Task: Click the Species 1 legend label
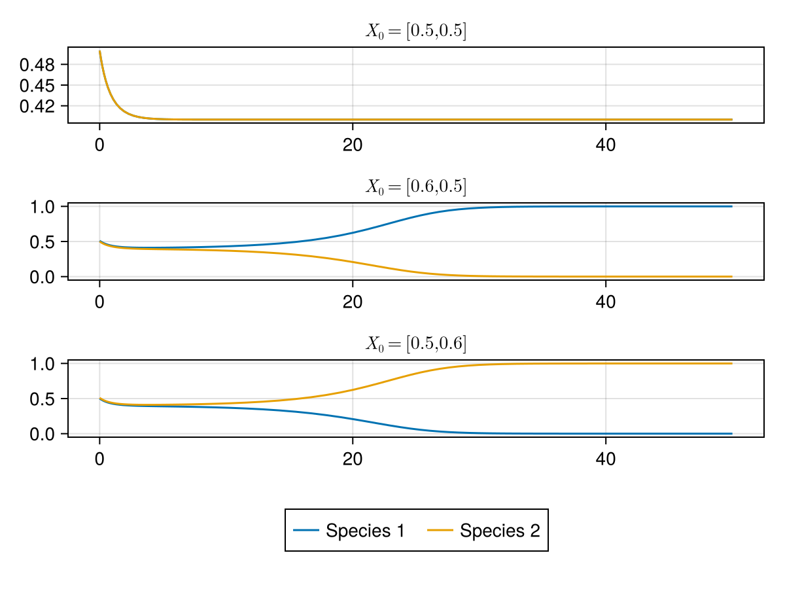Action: [x=365, y=531]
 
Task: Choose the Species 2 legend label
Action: [x=500, y=531]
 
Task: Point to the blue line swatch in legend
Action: [x=306, y=531]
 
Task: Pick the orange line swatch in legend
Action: [x=440, y=531]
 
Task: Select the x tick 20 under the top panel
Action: [x=353, y=145]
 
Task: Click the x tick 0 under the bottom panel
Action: [x=99, y=459]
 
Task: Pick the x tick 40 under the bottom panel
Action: [x=606, y=459]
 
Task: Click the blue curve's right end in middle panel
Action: [x=731, y=207]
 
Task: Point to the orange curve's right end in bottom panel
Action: [x=731, y=363]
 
